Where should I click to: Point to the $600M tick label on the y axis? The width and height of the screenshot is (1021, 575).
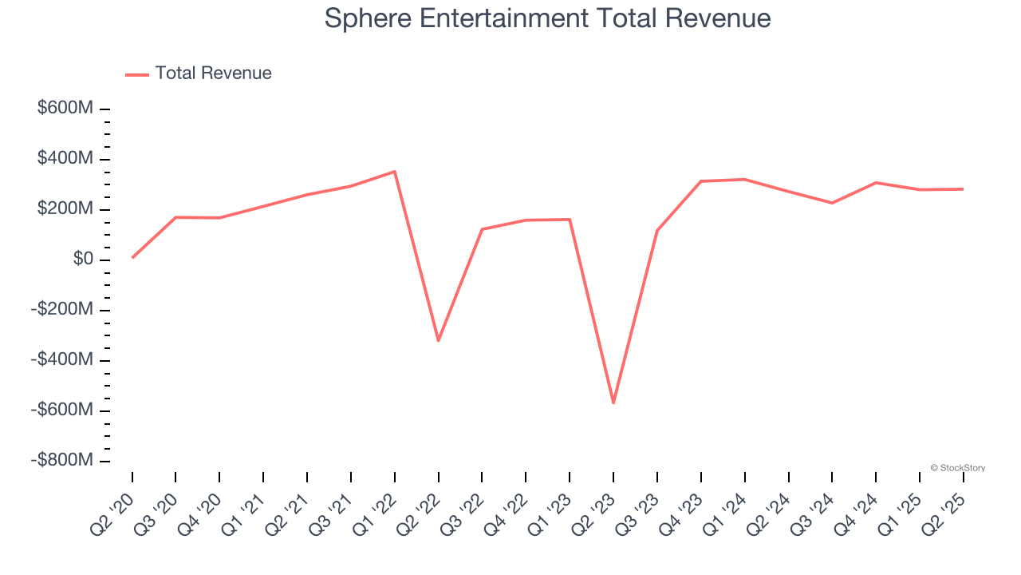point(65,108)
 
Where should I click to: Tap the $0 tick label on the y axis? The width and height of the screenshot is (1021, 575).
point(83,259)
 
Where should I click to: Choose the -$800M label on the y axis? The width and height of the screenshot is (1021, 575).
point(61,460)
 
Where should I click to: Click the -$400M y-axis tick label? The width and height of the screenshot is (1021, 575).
point(61,359)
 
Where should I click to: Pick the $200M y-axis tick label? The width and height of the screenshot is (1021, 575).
point(65,208)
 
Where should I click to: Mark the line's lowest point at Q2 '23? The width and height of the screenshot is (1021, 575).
point(613,402)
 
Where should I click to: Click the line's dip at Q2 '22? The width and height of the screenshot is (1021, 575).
point(439,341)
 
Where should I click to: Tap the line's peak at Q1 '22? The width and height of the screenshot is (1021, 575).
point(395,171)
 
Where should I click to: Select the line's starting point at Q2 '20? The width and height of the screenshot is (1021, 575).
point(132,257)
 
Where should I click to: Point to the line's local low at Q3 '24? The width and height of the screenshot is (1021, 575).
point(832,203)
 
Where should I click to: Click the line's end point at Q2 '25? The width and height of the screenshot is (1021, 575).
point(963,189)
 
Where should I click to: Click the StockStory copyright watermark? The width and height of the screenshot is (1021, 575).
point(957,468)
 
